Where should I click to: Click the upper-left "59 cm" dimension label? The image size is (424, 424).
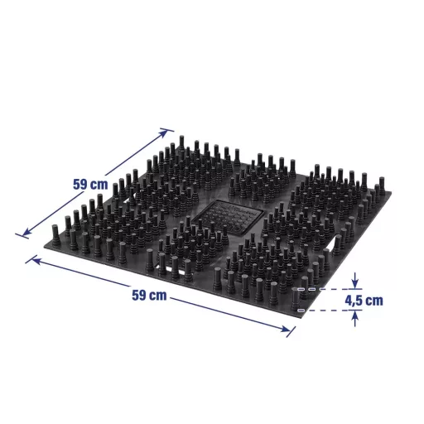click(x=90, y=184)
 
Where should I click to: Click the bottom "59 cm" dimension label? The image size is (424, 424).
click(x=149, y=295)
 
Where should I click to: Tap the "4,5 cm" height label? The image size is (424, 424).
click(x=364, y=300)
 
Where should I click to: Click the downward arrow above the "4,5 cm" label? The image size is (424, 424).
click(x=355, y=280)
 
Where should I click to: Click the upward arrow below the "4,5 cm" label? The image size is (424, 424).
click(x=355, y=319)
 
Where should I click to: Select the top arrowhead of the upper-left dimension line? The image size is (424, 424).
click(x=163, y=133)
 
